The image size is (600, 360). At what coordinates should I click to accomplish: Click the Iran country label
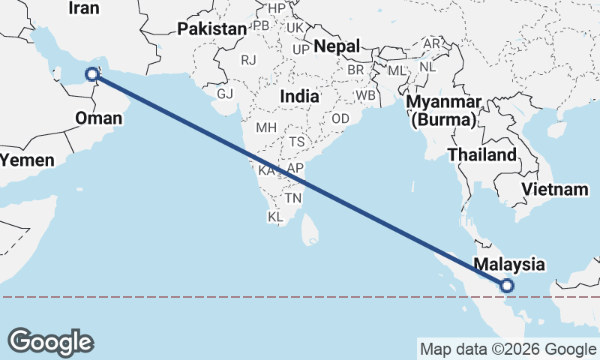(x=83, y=7)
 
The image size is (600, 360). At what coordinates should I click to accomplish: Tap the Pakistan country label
(x=212, y=29)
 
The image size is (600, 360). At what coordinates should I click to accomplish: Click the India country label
(x=299, y=97)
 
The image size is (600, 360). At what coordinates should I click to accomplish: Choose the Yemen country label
(x=27, y=160)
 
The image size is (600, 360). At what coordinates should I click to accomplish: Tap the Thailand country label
(x=482, y=155)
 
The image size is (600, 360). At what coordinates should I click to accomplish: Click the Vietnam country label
(x=555, y=189)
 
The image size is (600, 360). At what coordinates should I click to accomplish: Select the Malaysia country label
(x=509, y=264)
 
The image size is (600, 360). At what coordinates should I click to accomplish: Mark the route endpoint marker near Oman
(x=91, y=73)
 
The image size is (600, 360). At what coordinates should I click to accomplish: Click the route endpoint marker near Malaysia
(x=507, y=285)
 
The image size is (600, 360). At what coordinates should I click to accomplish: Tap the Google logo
(x=50, y=342)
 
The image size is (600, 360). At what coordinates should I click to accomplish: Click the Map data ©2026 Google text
(x=507, y=349)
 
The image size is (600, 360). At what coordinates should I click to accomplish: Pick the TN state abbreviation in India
(x=293, y=198)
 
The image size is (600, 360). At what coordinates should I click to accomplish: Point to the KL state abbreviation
(x=276, y=217)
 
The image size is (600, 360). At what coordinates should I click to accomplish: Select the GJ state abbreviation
(x=225, y=94)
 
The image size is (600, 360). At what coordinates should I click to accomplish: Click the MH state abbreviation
(x=266, y=127)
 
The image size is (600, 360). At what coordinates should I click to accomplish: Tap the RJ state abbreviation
(x=248, y=58)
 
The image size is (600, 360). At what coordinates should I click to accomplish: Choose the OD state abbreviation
(x=340, y=118)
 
